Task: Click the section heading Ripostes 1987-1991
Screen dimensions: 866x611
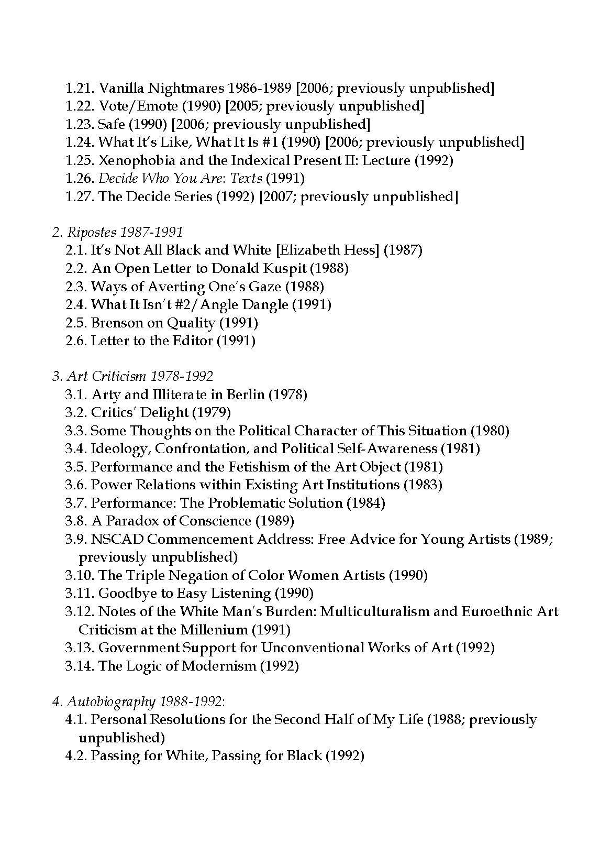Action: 117,232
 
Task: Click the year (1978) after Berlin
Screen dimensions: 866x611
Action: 287,394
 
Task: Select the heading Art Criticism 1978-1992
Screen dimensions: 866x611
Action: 132,377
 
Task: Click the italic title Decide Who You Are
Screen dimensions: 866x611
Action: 180,178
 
